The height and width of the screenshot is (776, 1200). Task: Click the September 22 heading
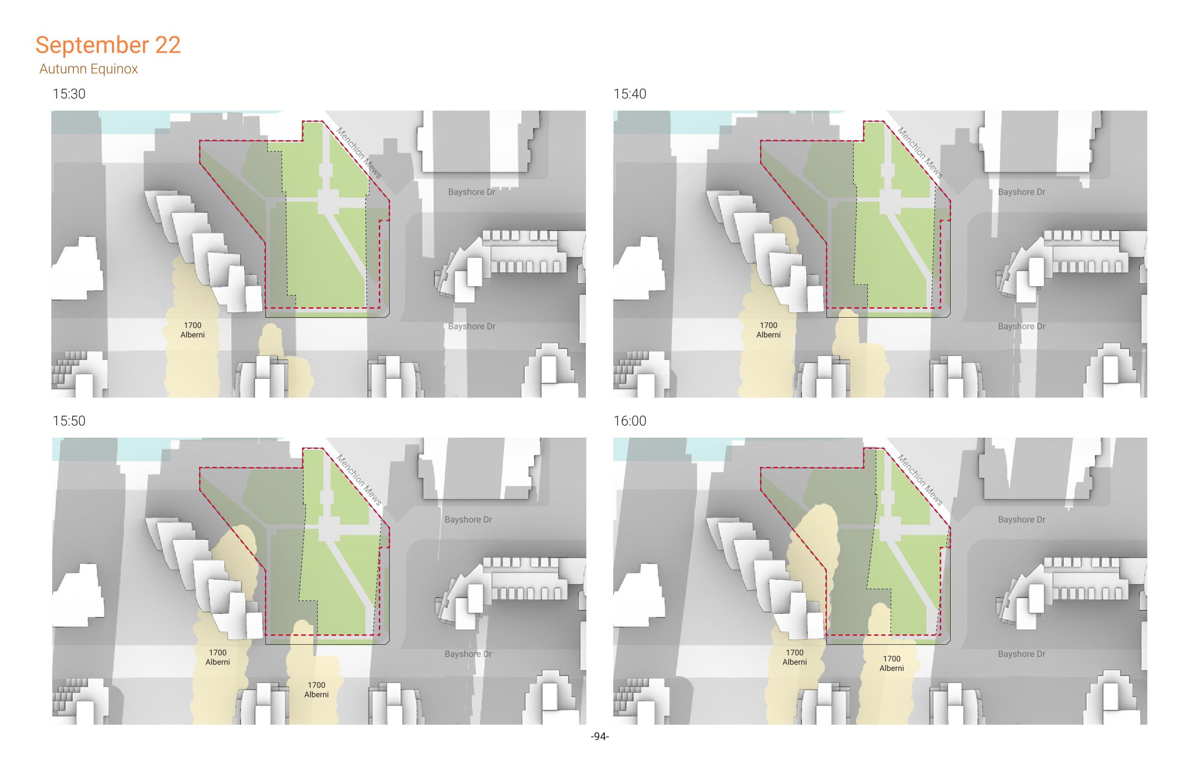108,45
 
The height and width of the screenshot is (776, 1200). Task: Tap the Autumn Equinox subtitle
88,69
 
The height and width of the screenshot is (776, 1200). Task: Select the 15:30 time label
69,94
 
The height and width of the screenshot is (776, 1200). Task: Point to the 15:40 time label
630,94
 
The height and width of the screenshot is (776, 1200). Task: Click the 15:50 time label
69,421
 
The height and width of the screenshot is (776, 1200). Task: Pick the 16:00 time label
630,421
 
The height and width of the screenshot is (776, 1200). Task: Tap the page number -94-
600,736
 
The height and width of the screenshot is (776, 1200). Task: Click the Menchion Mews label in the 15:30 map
359,153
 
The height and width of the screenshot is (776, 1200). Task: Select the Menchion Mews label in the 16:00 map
920,480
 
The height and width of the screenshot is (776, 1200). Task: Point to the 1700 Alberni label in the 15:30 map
192,330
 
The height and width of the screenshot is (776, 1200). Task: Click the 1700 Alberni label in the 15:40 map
769,330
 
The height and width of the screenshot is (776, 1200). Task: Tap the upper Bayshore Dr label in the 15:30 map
472,192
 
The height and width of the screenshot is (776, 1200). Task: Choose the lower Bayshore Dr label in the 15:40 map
1022,327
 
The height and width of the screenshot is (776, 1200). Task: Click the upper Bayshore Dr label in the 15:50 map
468,520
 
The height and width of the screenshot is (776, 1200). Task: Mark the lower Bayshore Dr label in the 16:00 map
1022,654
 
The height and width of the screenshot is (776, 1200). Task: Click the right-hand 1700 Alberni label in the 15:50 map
316,690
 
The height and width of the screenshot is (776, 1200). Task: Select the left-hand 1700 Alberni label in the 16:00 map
795,657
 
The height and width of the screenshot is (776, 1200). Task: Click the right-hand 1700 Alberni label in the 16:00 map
892,663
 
